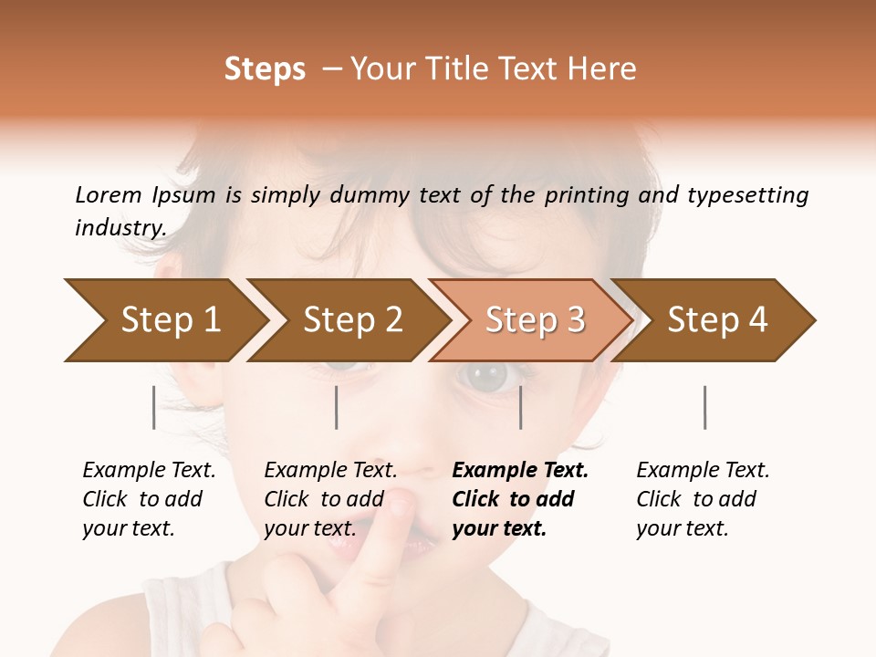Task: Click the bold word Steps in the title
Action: pyautogui.click(x=265, y=69)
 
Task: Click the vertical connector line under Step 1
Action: pyautogui.click(x=153, y=407)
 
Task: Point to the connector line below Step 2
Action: pyautogui.click(x=337, y=407)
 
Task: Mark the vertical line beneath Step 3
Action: pyautogui.click(x=521, y=407)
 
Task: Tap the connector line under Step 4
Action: pyautogui.click(x=704, y=407)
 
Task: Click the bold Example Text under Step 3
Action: pyautogui.click(x=520, y=470)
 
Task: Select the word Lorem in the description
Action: pyautogui.click(x=108, y=195)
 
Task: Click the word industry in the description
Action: pyautogui.click(x=120, y=227)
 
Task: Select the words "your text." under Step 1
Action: pyautogui.click(x=128, y=528)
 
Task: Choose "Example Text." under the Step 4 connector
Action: pyautogui.click(x=703, y=470)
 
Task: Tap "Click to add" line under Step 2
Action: pyautogui.click(x=324, y=499)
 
